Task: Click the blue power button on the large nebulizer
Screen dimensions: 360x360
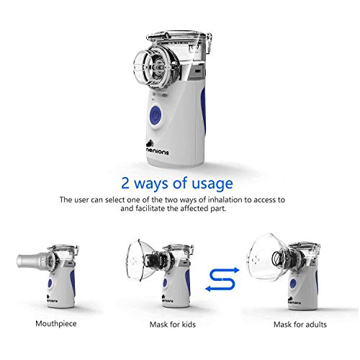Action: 156,115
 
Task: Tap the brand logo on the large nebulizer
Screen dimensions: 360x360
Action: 158,148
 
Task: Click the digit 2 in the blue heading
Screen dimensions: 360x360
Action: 125,183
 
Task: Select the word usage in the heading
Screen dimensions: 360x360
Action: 212,184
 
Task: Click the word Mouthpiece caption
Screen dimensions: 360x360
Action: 56,324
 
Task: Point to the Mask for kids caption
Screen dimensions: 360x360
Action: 173,325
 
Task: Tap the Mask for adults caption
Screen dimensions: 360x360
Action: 300,325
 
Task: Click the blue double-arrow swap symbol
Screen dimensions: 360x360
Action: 222,279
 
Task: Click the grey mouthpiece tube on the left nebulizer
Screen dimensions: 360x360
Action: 31,261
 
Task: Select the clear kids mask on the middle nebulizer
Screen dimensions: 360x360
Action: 139,261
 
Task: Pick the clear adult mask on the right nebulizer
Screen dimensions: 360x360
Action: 266,258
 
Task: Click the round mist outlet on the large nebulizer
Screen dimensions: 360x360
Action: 156,66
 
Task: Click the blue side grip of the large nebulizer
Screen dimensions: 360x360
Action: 203,110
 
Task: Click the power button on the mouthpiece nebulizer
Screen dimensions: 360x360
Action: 50,284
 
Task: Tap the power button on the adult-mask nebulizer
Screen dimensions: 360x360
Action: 293,284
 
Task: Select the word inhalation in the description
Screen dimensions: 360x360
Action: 225,199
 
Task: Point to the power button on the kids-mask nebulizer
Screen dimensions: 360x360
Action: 165,283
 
